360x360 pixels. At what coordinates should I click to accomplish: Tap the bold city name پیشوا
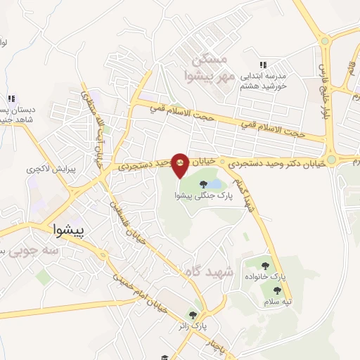(69, 229)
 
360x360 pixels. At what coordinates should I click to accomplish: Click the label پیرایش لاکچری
(44, 169)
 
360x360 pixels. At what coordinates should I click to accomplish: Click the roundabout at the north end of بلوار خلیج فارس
(324, 40)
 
